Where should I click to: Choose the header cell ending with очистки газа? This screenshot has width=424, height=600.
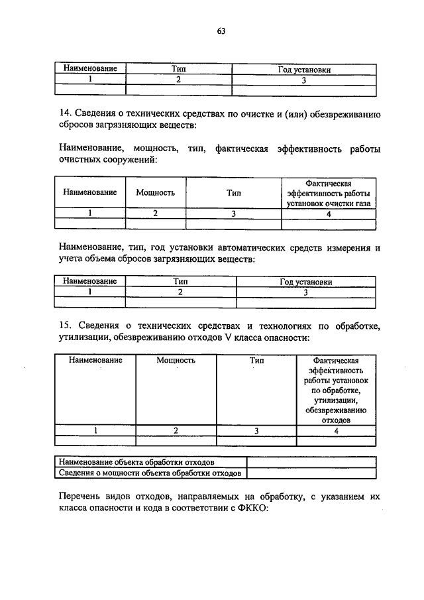pos(329,193)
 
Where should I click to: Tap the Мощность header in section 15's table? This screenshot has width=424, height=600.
pos(176,361)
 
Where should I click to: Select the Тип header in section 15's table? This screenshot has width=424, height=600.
pos(256,361)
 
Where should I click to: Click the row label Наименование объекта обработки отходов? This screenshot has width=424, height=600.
pos(136,461)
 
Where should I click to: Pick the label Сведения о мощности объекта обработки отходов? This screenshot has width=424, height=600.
pos(149,473)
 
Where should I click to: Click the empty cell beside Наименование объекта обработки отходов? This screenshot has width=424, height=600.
pos(311,461)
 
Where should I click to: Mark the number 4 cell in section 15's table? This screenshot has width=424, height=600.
pos(336,430)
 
